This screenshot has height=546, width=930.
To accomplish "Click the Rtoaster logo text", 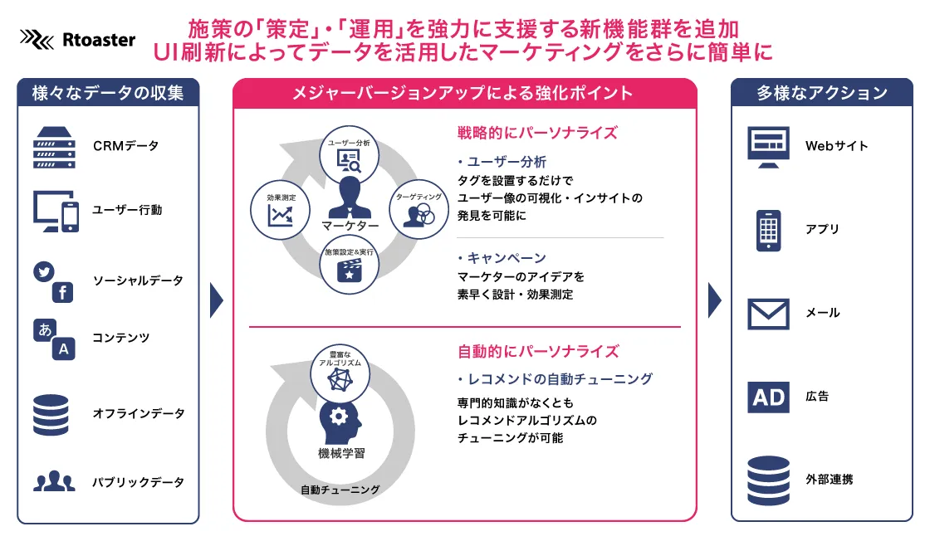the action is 99,40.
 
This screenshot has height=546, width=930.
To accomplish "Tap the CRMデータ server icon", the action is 54,148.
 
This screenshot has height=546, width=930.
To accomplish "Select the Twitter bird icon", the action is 44,271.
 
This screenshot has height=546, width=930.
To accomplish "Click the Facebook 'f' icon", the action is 62,292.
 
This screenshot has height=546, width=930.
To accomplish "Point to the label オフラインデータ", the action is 138,413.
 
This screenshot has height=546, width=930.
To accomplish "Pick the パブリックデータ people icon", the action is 54,480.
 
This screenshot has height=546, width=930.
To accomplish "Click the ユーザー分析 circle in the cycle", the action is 349,154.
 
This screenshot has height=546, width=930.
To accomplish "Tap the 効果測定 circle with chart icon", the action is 280,210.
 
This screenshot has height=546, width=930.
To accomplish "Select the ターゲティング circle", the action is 418,209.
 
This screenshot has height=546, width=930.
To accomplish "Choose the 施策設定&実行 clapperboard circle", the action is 349,265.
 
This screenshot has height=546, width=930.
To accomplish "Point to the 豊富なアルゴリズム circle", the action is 340,373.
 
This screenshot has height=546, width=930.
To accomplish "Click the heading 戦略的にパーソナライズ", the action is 537,132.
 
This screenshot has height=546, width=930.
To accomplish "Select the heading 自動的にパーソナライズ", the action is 538,352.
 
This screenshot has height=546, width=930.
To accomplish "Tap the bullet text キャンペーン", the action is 507,258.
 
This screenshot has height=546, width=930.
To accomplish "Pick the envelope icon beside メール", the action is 768,314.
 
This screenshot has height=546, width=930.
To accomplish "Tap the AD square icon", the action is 768,397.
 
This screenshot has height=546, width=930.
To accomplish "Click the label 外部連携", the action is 830,479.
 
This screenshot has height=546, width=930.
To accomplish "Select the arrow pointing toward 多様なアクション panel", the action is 715,300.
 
